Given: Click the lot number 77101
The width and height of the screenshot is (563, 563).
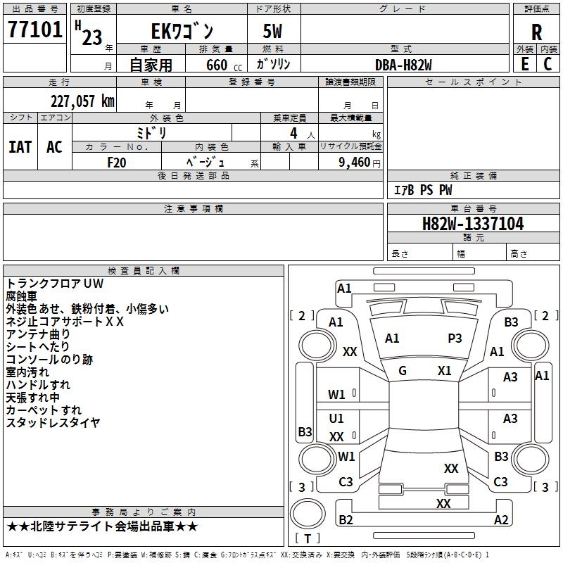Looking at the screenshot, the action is [x=34, y=31].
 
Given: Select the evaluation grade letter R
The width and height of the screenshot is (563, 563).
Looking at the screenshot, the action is [x=536, y=32].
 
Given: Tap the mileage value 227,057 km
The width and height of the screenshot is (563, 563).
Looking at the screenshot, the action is [x=82, y=101].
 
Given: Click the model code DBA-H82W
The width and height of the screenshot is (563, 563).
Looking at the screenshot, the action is [x=403, y=64].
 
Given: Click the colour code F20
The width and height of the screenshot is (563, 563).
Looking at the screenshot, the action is [x=117, y=161].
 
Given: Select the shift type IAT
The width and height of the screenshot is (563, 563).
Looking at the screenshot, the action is [x=20, y=147].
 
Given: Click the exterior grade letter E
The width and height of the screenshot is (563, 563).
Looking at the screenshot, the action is [x=524, y=63].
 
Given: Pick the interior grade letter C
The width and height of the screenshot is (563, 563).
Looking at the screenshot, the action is [x=548, y=63].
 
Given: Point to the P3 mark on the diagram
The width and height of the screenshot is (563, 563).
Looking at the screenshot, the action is [x=455, y=339].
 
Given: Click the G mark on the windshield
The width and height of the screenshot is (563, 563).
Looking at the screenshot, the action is [x=403, y=371].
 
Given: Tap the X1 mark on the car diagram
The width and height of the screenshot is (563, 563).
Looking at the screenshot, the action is [x=444, y=371].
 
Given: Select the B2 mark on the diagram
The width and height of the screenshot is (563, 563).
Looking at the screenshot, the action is [x=346, y=520].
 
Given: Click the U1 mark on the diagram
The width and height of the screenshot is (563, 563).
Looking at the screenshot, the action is [x=336, y=419].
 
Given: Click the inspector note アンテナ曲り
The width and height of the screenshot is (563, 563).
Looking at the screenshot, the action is [x=39, y=334].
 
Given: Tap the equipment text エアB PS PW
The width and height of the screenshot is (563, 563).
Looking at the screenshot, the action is [x=422, y=191].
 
